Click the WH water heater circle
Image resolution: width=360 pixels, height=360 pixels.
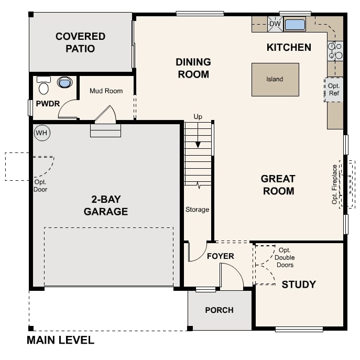(41, 133)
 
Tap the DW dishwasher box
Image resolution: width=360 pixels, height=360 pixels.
(275, 24)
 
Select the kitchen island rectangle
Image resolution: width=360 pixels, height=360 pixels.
(275, 80)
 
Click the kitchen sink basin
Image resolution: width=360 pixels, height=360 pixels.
(295, 24)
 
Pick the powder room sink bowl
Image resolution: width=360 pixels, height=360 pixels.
(64, 83)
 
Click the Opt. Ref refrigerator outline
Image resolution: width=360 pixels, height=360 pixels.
(334, 89)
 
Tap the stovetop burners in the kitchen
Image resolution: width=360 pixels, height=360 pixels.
(335, 50)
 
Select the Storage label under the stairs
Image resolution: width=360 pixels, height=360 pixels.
(197, 210)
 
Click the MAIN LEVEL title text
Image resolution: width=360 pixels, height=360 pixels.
(60, 341)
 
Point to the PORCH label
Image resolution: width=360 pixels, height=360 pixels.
(219, 310)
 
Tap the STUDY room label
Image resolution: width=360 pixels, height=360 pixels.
(299, 285)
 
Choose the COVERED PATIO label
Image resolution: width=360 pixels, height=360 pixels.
(80, 42)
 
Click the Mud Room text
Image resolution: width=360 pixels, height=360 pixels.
(106, 91)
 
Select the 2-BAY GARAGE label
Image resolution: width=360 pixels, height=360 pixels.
(106, 205)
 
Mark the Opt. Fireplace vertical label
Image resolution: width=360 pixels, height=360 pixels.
(335, 184)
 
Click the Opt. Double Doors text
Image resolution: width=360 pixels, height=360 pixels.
(285, 257)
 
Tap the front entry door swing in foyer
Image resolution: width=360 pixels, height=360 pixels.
(231, 277)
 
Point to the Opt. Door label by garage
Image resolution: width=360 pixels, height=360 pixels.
(40, 186)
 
